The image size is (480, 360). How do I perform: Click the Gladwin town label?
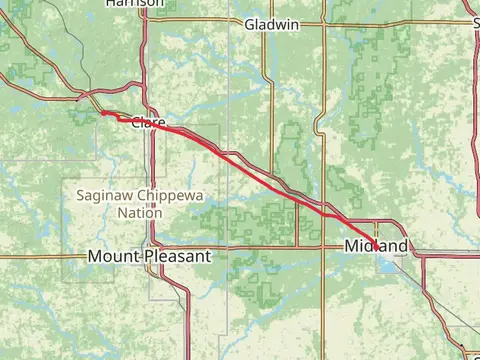pos(271,24)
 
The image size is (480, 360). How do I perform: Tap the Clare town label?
pos(148,123)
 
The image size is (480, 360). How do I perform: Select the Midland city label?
pos(375,246)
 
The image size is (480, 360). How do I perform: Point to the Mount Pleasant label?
pos(149,256)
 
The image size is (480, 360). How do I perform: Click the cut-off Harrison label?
pos(134,4)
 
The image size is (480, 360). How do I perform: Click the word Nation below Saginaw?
pos(140,213)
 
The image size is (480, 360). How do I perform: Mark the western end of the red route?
pos(101,113)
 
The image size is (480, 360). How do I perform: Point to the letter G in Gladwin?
pos(249,24)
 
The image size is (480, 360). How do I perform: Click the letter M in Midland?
pos(350,246)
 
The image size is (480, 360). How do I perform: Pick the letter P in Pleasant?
pos(147,256)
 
